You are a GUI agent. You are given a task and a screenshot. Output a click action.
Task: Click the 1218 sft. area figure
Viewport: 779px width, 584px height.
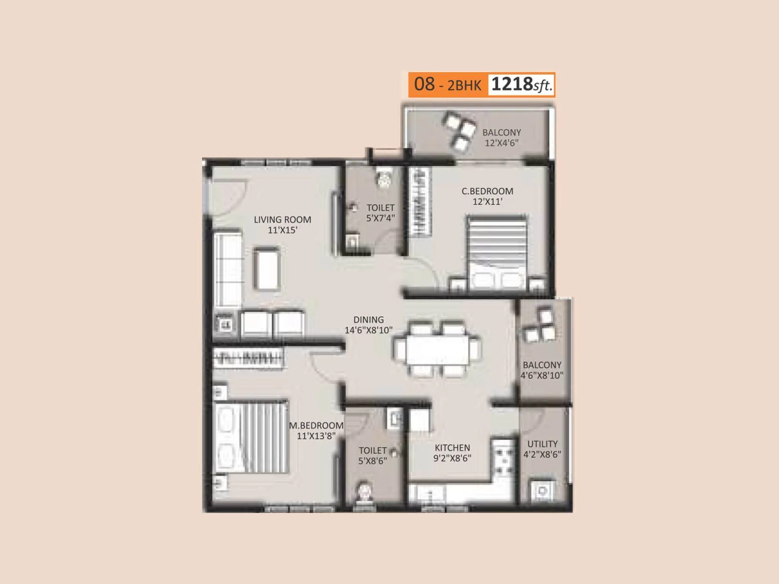521,85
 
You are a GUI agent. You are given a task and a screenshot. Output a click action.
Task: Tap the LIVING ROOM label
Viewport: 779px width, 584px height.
282,219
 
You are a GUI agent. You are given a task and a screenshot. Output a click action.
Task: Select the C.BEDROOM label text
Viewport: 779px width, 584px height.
487,191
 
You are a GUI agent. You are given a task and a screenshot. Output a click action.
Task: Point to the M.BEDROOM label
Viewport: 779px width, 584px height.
316,425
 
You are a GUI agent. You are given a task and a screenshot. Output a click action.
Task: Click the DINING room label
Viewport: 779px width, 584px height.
369,320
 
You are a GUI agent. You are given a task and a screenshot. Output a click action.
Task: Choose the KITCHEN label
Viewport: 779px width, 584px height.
452,448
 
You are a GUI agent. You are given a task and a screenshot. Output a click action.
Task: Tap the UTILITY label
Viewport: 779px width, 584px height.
542,444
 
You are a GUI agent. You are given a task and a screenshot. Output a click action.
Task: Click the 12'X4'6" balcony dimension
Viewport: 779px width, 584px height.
501,143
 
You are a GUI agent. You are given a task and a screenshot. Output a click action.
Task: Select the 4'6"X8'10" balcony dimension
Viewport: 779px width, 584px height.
542,375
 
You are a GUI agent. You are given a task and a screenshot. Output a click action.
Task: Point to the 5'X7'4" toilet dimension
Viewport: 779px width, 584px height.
380,219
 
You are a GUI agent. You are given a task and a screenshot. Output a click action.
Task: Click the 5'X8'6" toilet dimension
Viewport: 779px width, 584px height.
372,461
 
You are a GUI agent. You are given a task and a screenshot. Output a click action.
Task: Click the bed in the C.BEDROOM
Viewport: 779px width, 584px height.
497,253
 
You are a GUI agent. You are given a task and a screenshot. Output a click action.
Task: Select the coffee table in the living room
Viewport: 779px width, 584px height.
266,270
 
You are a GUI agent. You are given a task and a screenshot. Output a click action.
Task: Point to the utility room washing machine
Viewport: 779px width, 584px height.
541,490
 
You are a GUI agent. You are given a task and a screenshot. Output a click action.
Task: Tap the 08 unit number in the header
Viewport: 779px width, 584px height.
424,84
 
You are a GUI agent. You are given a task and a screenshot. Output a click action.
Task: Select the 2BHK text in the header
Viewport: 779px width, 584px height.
464,86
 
